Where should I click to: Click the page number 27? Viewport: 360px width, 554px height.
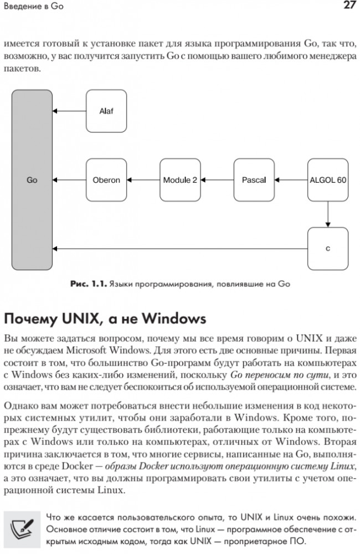(x=348, y=6)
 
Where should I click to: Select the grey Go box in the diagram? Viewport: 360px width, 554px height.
(x=32, y=180)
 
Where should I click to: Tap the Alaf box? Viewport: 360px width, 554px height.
(x=106, y=111)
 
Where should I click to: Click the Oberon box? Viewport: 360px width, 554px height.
(x=106, y=180)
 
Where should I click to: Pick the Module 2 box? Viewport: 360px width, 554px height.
(x=180, y=180)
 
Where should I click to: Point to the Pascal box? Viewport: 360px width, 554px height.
(x=254, y=180)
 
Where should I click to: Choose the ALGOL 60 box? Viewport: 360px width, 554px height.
(x=328, y=180)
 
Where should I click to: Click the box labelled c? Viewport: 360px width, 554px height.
(x=328, y=249)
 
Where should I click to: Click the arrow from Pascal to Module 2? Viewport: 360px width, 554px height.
(x=217, y=180)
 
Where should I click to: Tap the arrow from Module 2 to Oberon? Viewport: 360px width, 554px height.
(x=143, y=180)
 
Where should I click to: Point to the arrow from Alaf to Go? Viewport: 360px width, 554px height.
(x=69, y=111)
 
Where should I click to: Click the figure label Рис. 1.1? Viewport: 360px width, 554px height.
(x=88, y=284)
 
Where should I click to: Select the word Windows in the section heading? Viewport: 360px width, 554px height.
(x=174, y=320)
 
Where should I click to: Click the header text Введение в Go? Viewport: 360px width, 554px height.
(x=32, y=7)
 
